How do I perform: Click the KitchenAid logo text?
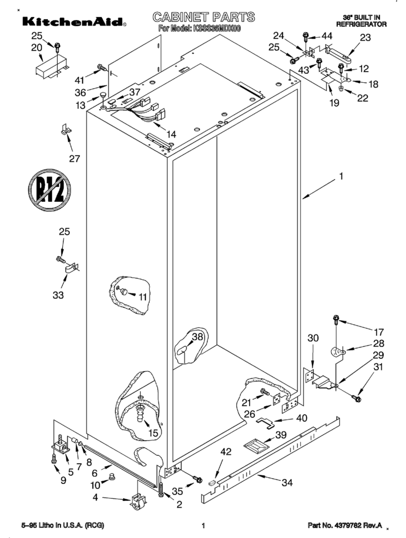point(73,22)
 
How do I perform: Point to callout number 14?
point(171,134)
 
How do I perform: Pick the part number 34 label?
point(286,483)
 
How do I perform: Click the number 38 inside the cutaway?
point(197,337)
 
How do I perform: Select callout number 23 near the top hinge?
point(365,37)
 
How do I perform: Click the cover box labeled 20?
point(49,67)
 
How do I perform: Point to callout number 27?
point(74,159)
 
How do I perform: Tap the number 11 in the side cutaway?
point(143,297)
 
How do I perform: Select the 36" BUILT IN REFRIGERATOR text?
point(361,21)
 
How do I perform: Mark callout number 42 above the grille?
point(226,451)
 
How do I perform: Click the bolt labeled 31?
point(357,398)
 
